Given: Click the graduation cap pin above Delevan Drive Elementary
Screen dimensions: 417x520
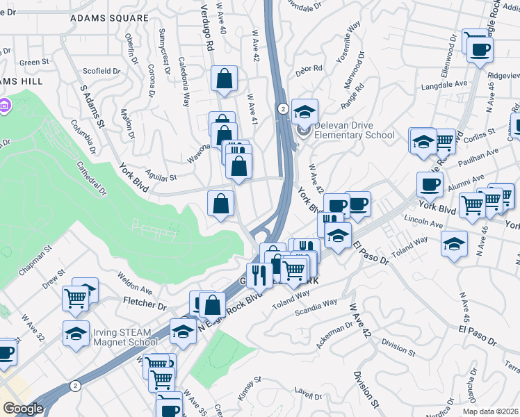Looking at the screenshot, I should [304, 111].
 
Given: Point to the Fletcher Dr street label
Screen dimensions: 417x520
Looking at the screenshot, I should [145, 304].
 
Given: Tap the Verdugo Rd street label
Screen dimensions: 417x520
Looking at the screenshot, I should [206, 28].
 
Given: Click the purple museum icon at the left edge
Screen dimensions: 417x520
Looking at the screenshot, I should [6, 106].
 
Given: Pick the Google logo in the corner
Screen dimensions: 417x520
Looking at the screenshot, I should [23, 409].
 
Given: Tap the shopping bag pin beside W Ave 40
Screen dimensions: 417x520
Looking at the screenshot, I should [225, 80].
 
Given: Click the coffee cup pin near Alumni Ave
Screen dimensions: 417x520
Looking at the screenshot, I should [430, 185].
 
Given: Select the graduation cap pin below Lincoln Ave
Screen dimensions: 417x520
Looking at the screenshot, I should [455, 245].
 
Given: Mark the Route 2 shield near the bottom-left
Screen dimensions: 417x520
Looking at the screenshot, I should [75, 386].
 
